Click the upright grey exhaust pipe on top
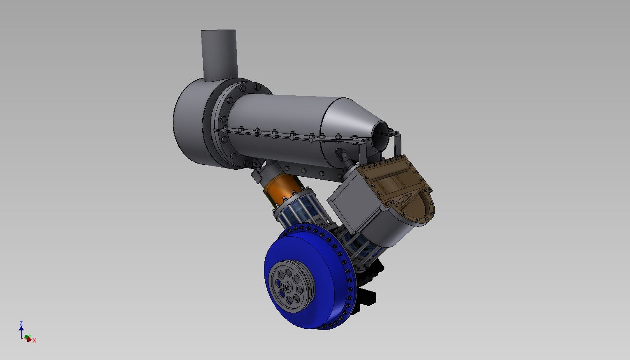(x=219, y=55)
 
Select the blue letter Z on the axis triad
(x=21, y=323)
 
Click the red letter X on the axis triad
(x=34, y=341)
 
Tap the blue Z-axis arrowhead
(x=21, y=328)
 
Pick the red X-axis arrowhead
(x=29, y=339)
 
